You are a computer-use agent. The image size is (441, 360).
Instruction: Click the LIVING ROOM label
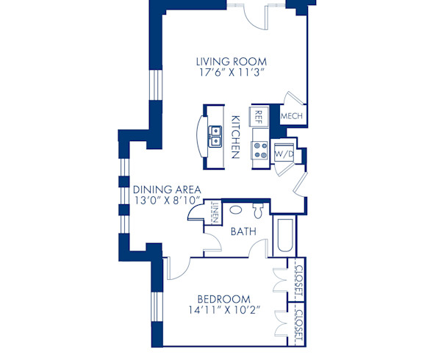coord(231,61)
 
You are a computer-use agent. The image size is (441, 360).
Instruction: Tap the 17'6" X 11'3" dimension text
coord(231,73)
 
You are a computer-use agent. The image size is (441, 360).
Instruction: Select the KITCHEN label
coord(236,137)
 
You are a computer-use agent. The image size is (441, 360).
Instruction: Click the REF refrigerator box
coord(258,115)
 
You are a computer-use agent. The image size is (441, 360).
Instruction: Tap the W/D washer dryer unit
coord(283,155)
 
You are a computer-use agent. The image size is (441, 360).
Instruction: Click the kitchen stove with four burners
coord(260,151)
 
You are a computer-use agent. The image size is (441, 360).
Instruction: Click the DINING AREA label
coord(167,188)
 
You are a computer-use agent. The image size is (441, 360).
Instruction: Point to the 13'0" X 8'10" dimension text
coord(167,200)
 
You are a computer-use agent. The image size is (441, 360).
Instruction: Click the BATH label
coord(243,231)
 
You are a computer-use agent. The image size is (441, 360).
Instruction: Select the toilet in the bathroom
coord(257,211)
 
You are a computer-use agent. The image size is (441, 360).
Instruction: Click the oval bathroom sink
coord(234,209)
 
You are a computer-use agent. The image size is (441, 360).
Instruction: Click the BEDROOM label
coord(223,299)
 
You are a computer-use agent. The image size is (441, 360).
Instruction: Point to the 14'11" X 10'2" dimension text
coord(223,312)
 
